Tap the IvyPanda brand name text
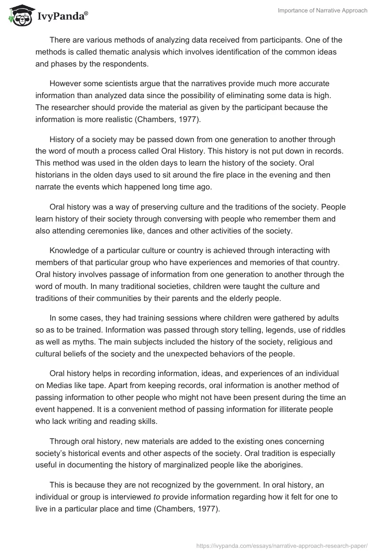(62, 16)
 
